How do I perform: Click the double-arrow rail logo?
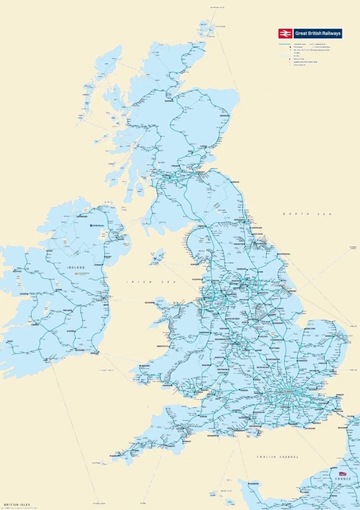285,33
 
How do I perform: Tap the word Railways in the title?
329,33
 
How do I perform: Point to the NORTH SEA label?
301,214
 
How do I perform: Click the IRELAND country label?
76,269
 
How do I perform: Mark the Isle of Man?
158,257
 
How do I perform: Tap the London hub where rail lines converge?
284,396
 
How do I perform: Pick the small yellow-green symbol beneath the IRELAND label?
76,274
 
